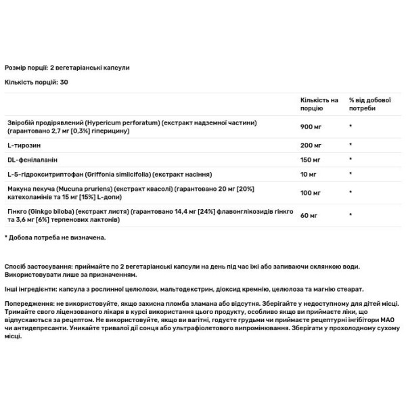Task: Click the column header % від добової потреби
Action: [x=366, y=104]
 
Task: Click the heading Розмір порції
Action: [x=26, y=68]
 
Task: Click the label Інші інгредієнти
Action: [x=29, y=288]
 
